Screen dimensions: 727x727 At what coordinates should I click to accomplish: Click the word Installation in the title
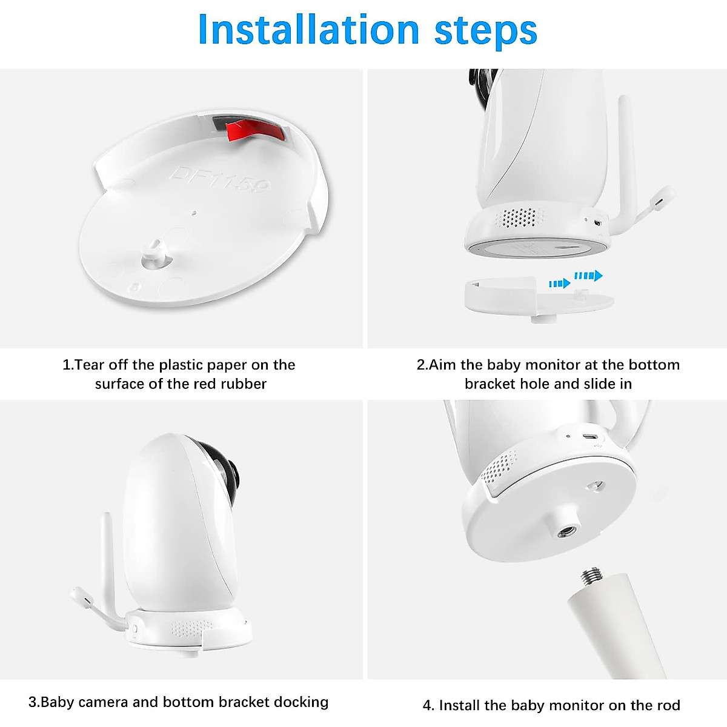pyautogui.click(x=308, y=30)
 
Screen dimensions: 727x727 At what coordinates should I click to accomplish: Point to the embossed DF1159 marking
pyautogui.click(x=219, y=180)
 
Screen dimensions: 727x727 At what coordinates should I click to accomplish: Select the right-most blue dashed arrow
pyautogui.click(x=588, y=276)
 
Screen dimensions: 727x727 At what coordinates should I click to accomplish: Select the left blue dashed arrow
pyautogui.click(x=559, y=284)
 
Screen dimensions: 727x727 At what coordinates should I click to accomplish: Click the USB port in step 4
pyautogui.click(x=589, y=436)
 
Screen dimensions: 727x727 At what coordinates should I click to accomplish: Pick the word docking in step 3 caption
pyautogui.click(x=300, y=702)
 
